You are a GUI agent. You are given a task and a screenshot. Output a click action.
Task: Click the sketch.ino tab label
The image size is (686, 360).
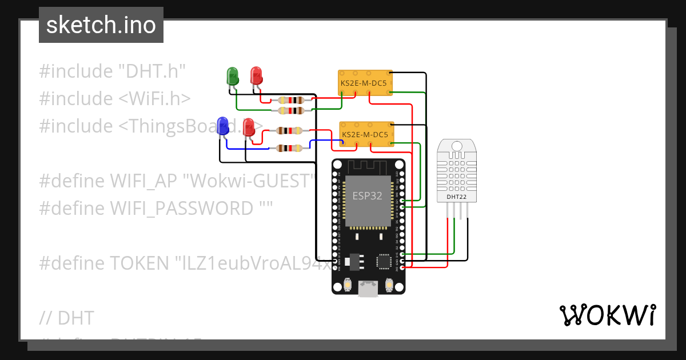101,25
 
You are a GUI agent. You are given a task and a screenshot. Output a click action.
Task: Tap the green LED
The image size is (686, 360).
233,75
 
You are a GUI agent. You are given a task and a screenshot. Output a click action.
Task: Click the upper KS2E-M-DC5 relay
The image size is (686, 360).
364,83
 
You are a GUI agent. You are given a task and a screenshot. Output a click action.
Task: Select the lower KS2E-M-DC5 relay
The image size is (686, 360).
366,135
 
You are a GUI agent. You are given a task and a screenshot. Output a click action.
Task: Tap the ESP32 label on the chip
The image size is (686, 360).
366,196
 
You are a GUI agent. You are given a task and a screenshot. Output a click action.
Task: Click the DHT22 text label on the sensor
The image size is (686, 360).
456,197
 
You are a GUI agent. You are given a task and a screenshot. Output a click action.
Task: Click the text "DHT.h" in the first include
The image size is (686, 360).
152,71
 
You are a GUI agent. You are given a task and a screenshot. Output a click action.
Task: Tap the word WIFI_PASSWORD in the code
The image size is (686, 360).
181,208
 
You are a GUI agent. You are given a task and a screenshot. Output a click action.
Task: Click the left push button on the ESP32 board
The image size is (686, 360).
347,285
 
